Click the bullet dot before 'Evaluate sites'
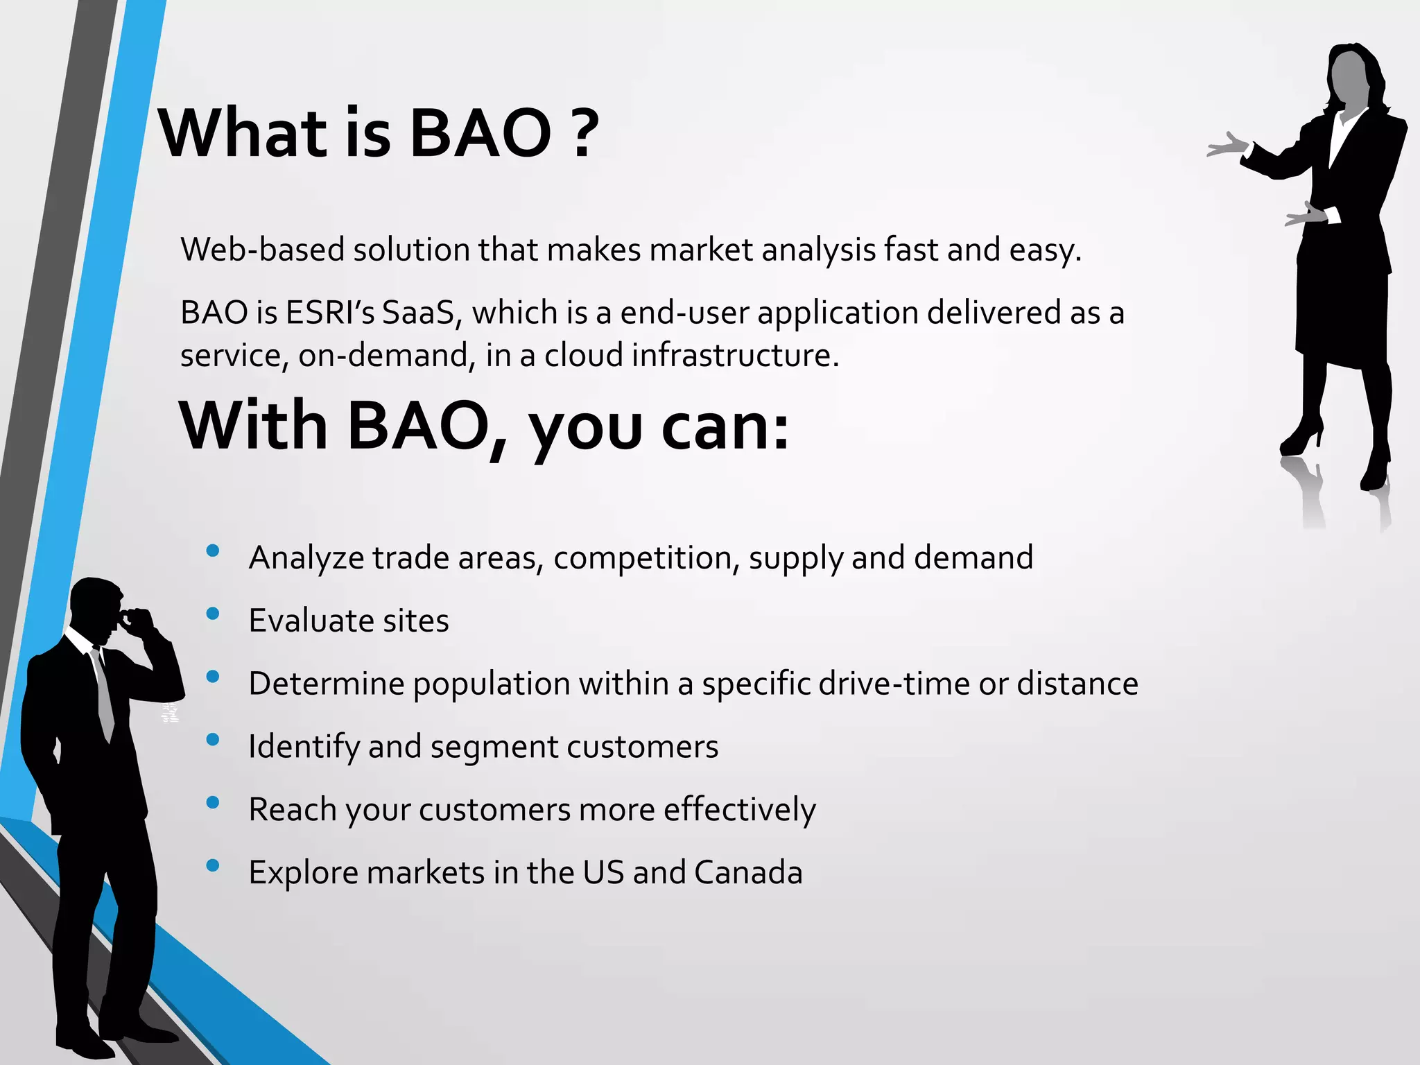point(213,614)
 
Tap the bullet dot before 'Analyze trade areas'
point(213,551)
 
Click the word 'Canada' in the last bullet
point(748,872)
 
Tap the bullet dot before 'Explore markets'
point(213,865)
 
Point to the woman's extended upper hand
point(1227,146)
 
